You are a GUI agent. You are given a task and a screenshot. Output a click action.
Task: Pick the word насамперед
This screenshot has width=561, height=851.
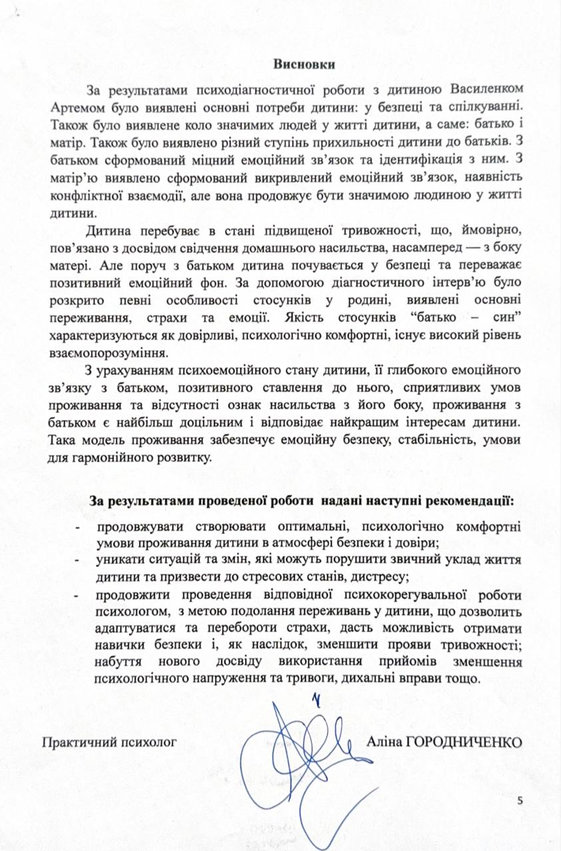tap(392, 249)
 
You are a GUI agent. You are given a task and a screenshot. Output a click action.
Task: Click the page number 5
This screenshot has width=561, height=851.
tap(520, 800)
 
